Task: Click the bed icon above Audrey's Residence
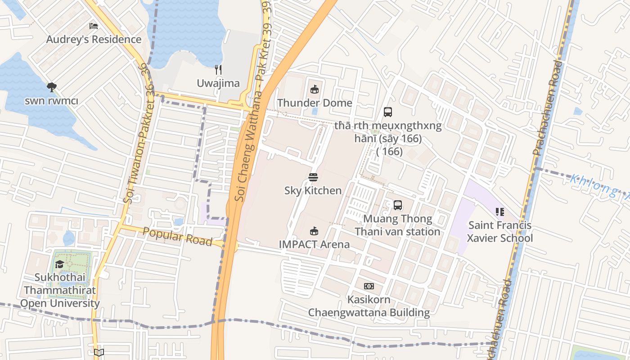coord(94,26)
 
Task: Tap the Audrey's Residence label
coord(94,39)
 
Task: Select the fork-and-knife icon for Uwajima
coord(218,70)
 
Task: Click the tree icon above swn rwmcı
coord(51,87)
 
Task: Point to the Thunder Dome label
coord(315,103)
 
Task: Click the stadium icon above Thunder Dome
coord(315,89)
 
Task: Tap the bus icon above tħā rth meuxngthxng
coord(387,112)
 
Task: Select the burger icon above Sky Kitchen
coord(313,177)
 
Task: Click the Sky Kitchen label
coord(313,190)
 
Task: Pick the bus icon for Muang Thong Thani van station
coord(397,205)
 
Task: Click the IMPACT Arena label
coord(314,244)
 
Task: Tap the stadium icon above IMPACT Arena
coord(314,231)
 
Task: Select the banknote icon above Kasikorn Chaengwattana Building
coord(369,286)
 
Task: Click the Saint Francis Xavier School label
coord(499,231)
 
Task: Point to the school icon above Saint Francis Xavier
coord(499,211)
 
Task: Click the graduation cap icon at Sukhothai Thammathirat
coord(59,264)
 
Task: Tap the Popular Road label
coord(177,236)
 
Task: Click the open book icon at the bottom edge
coord(99,352)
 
